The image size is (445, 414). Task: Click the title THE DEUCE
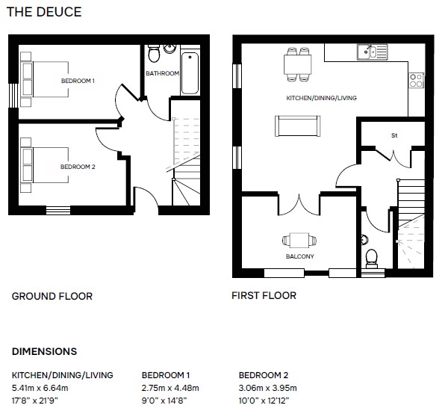click(44, 12)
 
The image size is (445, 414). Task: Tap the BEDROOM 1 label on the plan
click(78, 81)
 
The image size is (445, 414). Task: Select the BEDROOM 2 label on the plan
click(78, 167)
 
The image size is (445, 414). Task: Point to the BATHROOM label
click(162, 73)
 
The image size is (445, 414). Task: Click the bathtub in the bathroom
click(190, 73)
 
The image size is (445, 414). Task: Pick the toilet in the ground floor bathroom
click(154, 53)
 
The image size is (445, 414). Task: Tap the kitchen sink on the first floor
click(373, 52)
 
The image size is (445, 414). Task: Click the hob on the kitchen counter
click(417, 81)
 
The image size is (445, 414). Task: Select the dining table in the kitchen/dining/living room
click(298, 65)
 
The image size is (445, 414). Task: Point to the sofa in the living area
click(298, 126)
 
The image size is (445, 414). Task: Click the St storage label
click(394, 135)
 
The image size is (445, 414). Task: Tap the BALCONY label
click(300, 256)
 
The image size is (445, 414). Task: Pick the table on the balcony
click(299, 240)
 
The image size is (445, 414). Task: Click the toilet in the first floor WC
click(372, 259)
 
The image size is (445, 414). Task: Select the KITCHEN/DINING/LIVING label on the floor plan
click(322, 98)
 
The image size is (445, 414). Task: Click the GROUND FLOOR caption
click(52, 296)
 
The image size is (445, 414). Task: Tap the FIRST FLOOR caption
click(264, 296)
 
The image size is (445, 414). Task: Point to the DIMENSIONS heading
click(45, 351)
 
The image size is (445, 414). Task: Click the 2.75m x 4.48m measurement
click(170, 388)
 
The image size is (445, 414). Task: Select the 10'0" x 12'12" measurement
click(264, 401)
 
